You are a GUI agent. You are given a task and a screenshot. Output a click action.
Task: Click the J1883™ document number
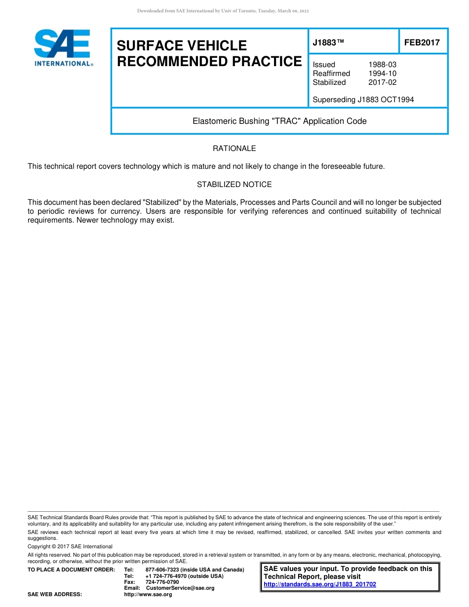(328, 43)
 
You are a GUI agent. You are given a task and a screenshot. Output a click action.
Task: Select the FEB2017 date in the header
(422, 43)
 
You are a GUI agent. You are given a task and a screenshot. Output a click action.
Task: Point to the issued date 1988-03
(382, 65)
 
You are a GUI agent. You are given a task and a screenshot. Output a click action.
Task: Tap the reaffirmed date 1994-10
(382, 74)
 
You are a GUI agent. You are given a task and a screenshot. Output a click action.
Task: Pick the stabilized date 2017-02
(382, 82)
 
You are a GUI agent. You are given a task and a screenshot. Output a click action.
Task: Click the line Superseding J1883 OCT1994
(363, 100)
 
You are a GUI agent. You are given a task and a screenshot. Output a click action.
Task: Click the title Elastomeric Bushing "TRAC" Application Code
(279, 121)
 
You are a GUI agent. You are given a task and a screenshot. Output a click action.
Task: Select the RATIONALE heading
(234, 149)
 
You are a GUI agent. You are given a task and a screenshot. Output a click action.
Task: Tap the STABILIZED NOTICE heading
(234, 185)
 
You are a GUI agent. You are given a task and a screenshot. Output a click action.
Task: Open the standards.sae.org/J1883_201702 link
(320, 584)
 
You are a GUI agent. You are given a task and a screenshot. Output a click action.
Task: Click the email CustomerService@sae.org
(180, 588)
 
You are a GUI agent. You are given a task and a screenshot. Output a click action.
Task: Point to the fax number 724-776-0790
(162, 582)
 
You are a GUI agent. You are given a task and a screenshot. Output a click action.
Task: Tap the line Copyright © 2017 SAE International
(70, 546)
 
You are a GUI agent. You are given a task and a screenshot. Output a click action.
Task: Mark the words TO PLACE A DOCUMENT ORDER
(71, 570)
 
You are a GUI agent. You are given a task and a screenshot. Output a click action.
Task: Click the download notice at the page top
(223, 11)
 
